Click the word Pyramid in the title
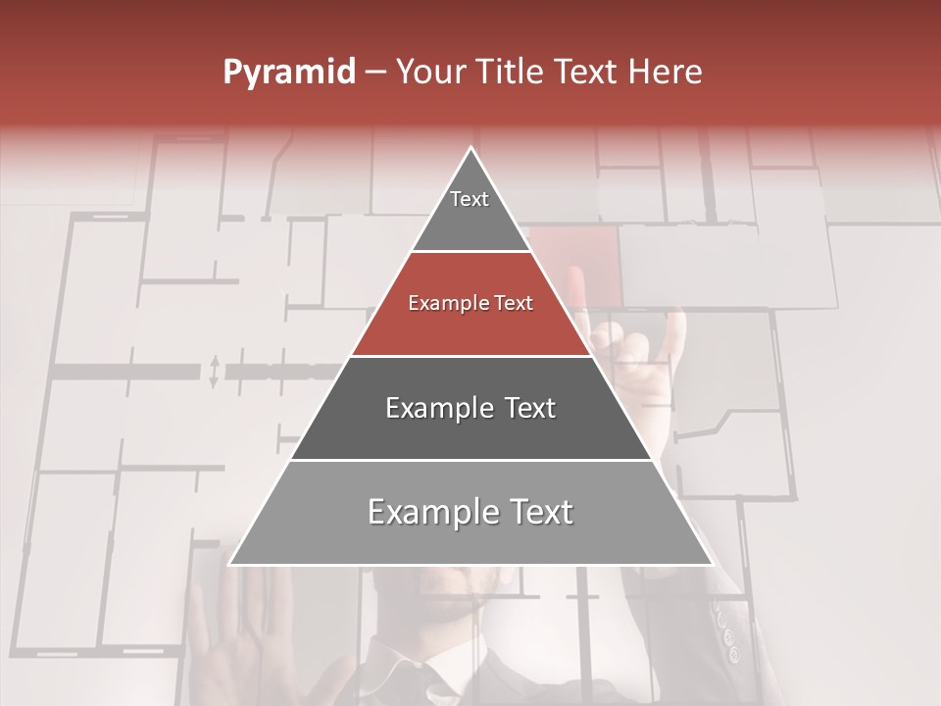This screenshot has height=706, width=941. pyautogui.click(x=288, y=73)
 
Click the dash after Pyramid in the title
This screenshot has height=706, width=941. pyautogui.click(x=375, y=73)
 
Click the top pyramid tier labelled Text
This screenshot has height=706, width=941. pyautogui.click(x=470, y=211)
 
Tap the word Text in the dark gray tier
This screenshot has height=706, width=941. pyautogui.click(x=530, y=408)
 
